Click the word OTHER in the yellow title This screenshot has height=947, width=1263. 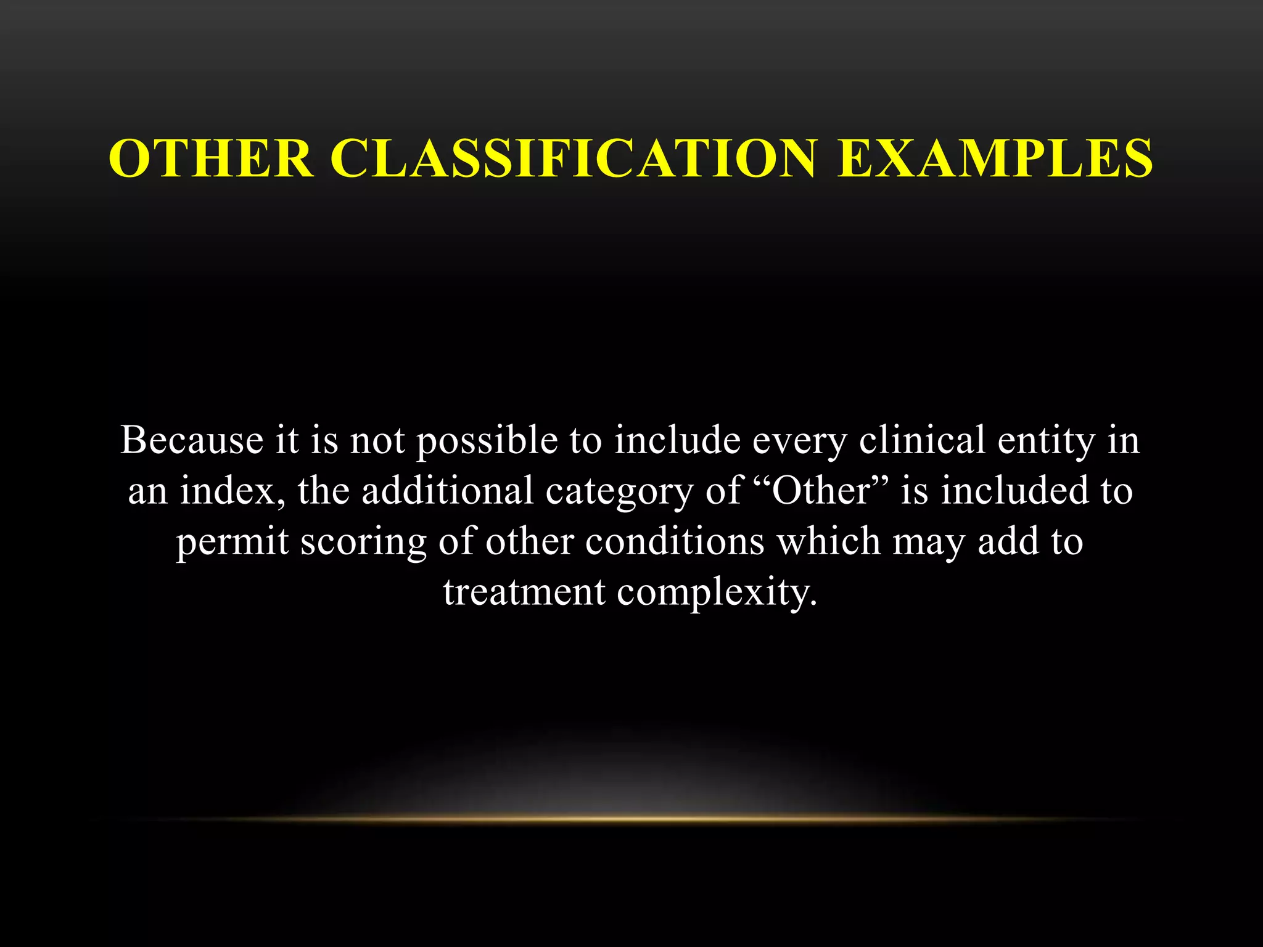[x=211, y=158]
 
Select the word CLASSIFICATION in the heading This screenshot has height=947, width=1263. [x=574, y=158]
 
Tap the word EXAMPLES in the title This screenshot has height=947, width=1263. [x=994, y=158]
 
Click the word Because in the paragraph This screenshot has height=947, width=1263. [x=192, y=441]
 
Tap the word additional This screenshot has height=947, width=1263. [x=447, y=491]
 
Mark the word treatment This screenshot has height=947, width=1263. [x=524, y=592]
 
